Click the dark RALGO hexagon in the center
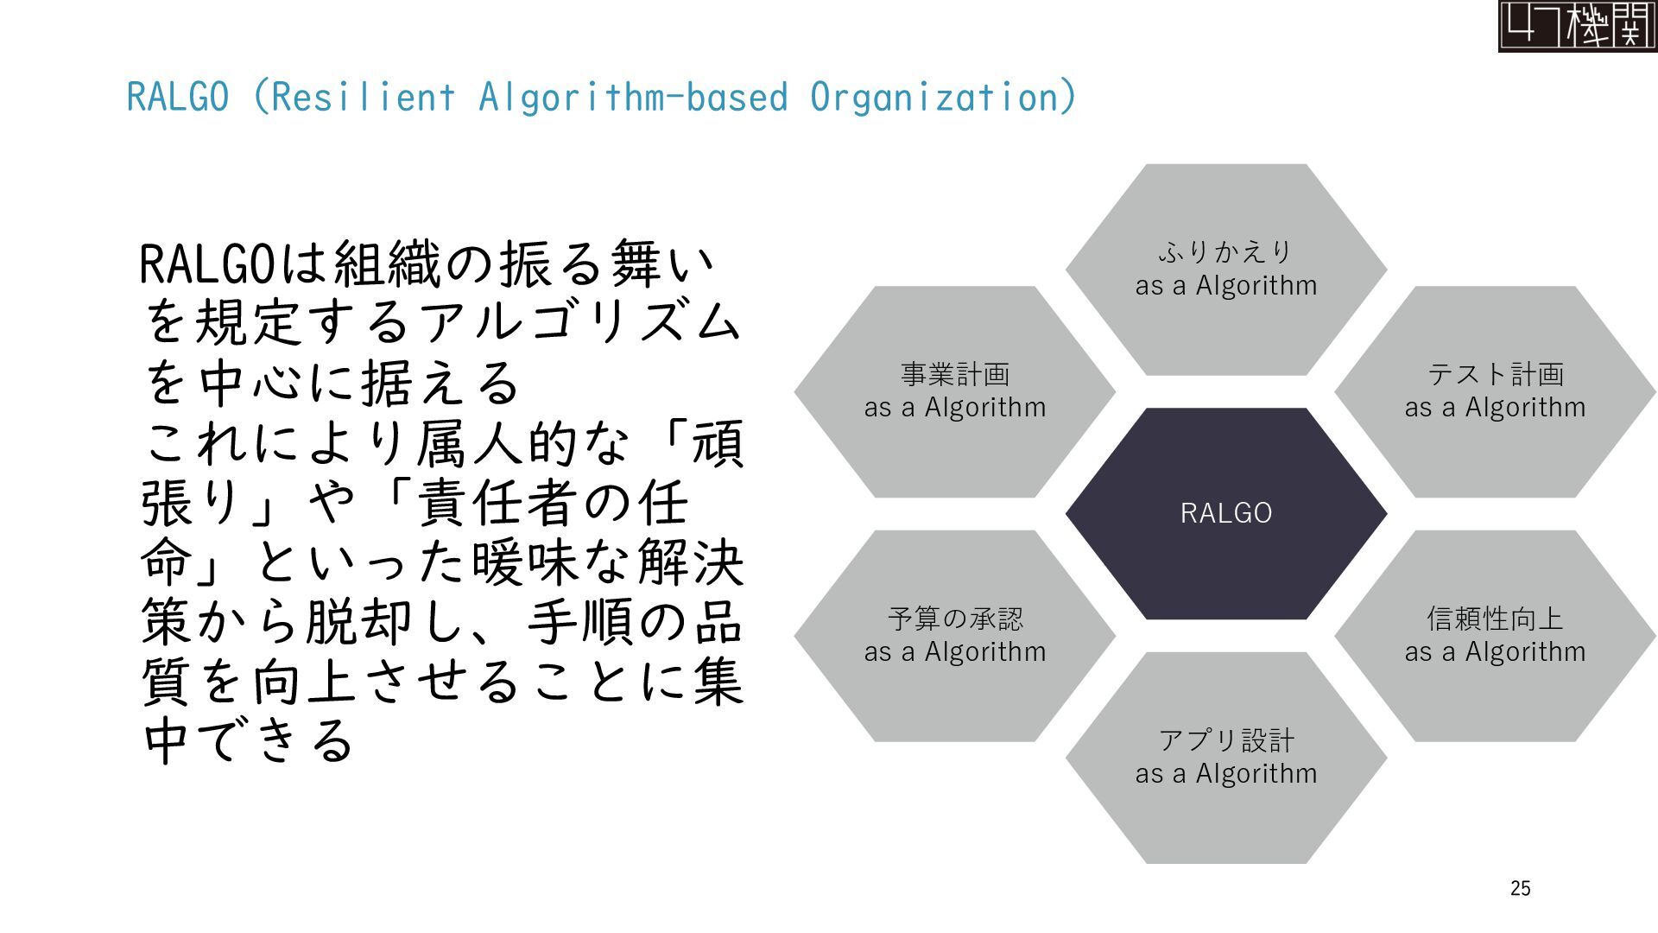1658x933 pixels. coord(1225,513)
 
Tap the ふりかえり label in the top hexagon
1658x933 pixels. coord(1225,252)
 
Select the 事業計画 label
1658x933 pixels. coord(955,374)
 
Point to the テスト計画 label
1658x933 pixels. coord(1495,374)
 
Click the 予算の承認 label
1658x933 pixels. coord(955,619)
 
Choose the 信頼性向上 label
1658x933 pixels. coord(1495,619)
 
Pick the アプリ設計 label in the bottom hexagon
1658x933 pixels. coord(1225,740)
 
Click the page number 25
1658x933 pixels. coord(1521,888)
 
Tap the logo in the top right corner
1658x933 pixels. coord(1577,26)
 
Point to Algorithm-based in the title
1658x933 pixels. coord(633,97)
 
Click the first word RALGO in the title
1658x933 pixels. coord(178,97)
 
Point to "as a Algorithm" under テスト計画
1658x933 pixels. coord(1495,407)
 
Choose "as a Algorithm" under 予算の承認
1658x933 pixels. coord(955,651)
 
